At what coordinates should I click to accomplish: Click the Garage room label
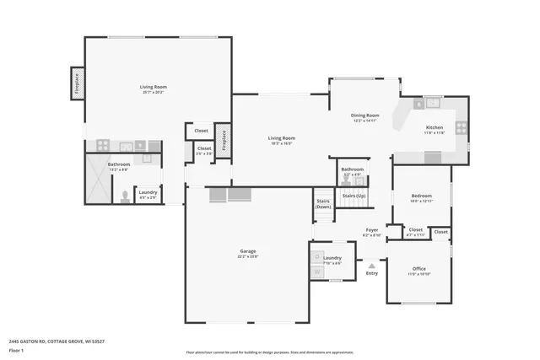pos(248,250)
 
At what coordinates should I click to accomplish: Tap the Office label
pos(418,269)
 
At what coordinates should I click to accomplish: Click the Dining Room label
pos(365,115)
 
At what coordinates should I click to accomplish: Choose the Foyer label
pos(371,230)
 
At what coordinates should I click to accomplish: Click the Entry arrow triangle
pos(371,265)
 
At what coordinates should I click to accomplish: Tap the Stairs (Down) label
pos(323,203)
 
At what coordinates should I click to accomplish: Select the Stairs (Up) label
pos(354,195)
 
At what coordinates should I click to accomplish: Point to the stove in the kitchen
pos(461,128)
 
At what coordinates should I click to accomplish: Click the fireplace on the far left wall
pos(76,83)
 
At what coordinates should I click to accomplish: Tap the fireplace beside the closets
pos(224,141)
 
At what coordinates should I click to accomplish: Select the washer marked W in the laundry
pos(317,272)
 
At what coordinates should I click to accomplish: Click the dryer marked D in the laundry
pos(317,256)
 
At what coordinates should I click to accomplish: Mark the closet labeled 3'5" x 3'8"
pos(203,150)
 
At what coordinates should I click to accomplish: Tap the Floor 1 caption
pos(18,350)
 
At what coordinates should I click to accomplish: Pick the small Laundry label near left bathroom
pos(147,193)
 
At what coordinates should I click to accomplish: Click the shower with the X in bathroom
pos(98,179)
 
